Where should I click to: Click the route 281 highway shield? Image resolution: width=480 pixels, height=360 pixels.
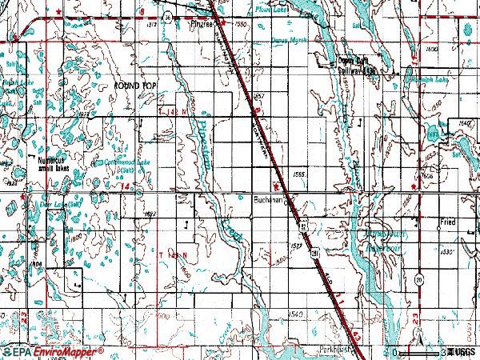(314, 254)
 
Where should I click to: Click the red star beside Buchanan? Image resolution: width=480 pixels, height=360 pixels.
(277, 190)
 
